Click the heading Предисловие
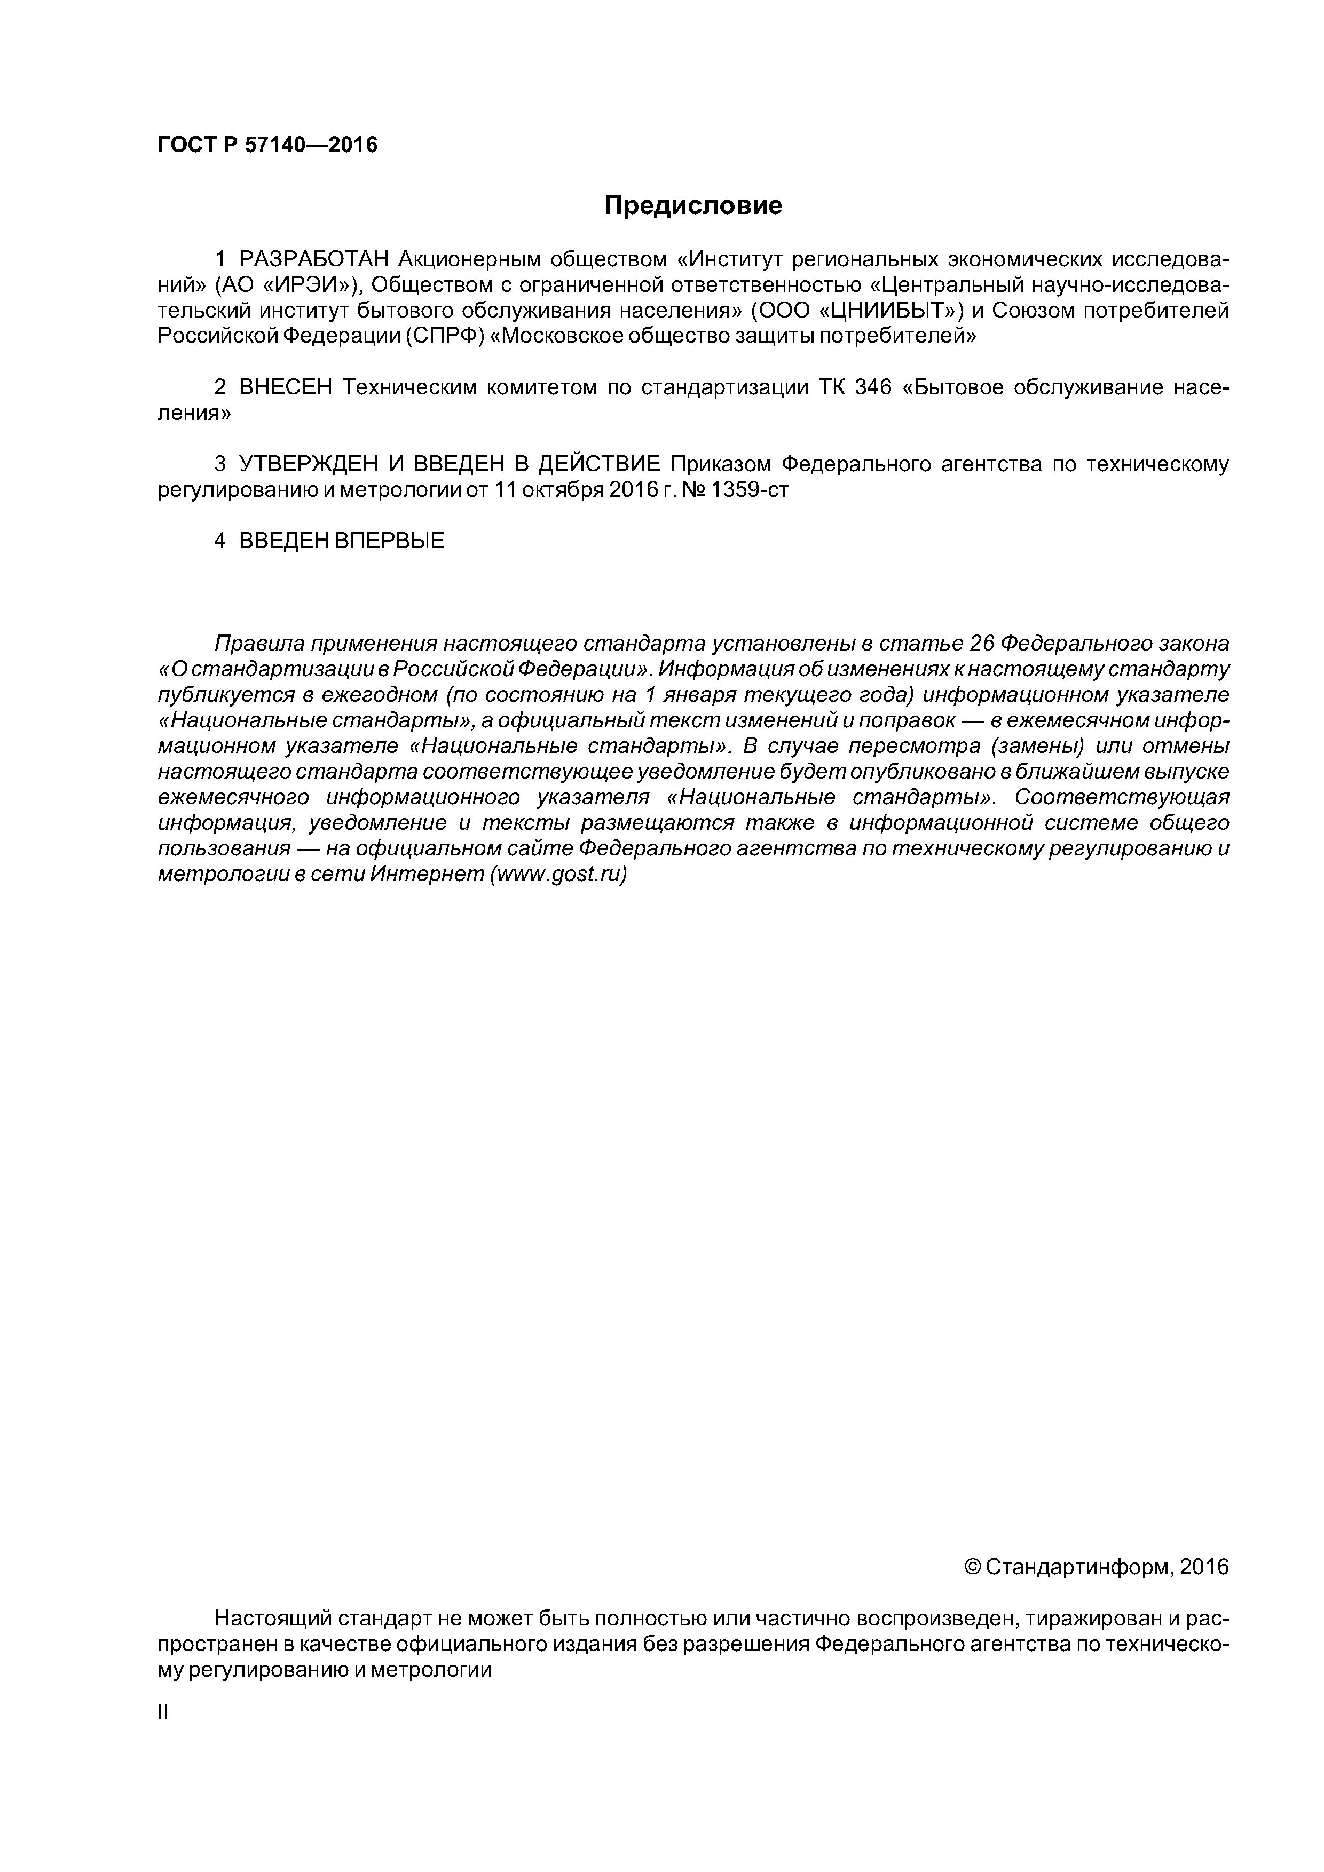[692, 205]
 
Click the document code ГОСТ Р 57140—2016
[267, 145]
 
